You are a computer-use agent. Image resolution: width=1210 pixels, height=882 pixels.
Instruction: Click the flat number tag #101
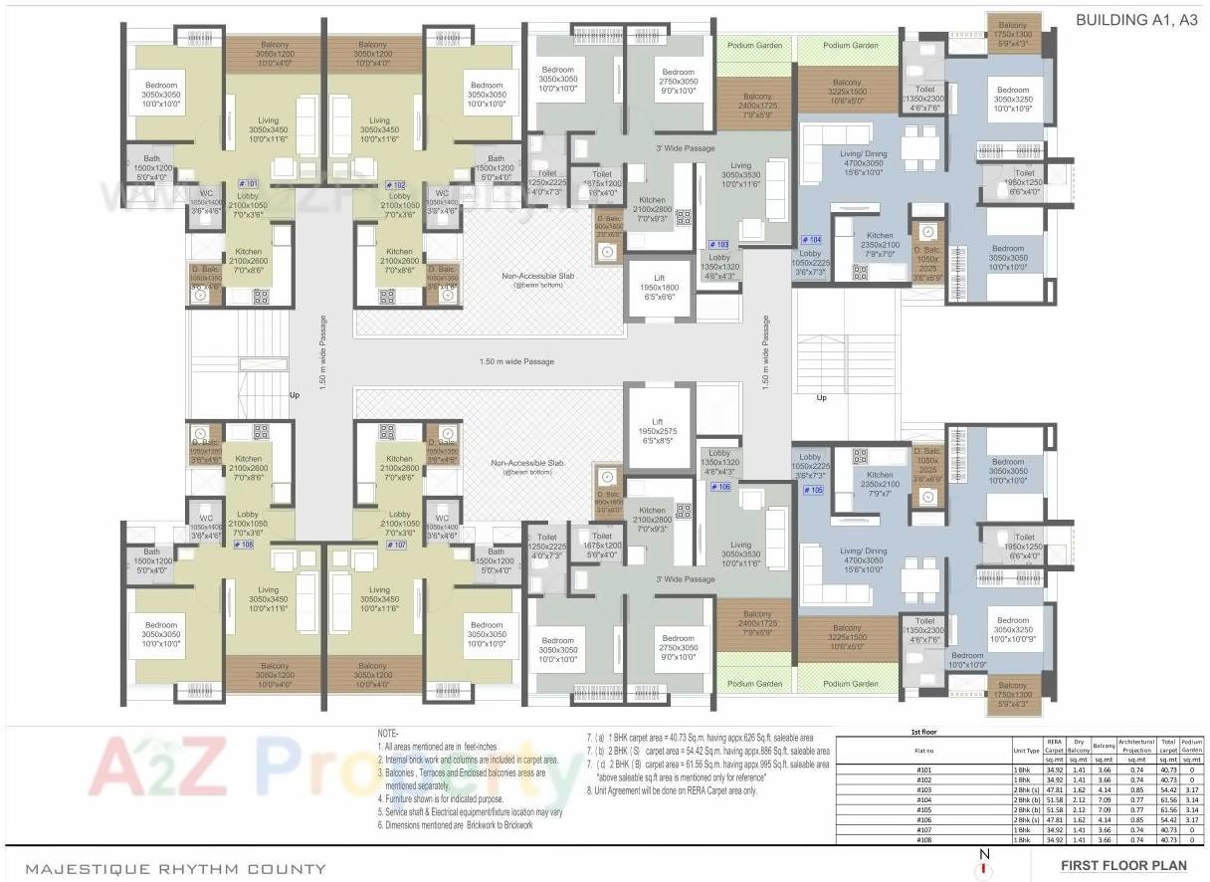coord(248,184)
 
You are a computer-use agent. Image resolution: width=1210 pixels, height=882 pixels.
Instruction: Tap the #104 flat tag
coord(811,240)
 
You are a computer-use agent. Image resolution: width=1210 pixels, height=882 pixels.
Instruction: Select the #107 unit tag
coord(396,546)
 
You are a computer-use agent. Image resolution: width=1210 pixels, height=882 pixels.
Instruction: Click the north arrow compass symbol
coord(984,865)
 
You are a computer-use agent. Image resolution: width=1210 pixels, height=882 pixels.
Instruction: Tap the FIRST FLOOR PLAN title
coord(1122,865)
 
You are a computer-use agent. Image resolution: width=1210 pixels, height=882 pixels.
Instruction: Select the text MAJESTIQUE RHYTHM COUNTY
coord(175,868)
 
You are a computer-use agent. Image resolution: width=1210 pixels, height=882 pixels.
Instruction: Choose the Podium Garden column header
coord(1192,746)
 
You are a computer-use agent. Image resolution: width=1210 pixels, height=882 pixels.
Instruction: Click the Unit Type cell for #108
coord(1022,841)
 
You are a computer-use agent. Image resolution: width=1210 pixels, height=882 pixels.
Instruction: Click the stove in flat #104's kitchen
coord(860,271)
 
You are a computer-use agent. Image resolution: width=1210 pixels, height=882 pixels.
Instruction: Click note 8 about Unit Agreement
coord(671,790)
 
